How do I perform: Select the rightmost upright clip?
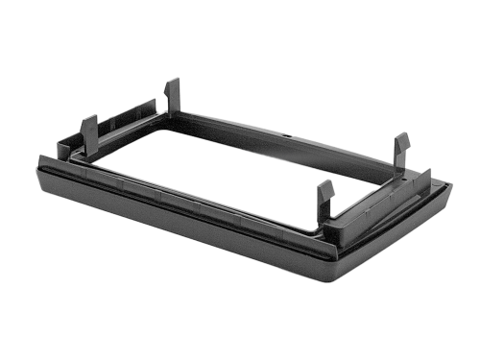click(x=401, y=154)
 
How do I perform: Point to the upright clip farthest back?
click(x=172, y=96)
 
